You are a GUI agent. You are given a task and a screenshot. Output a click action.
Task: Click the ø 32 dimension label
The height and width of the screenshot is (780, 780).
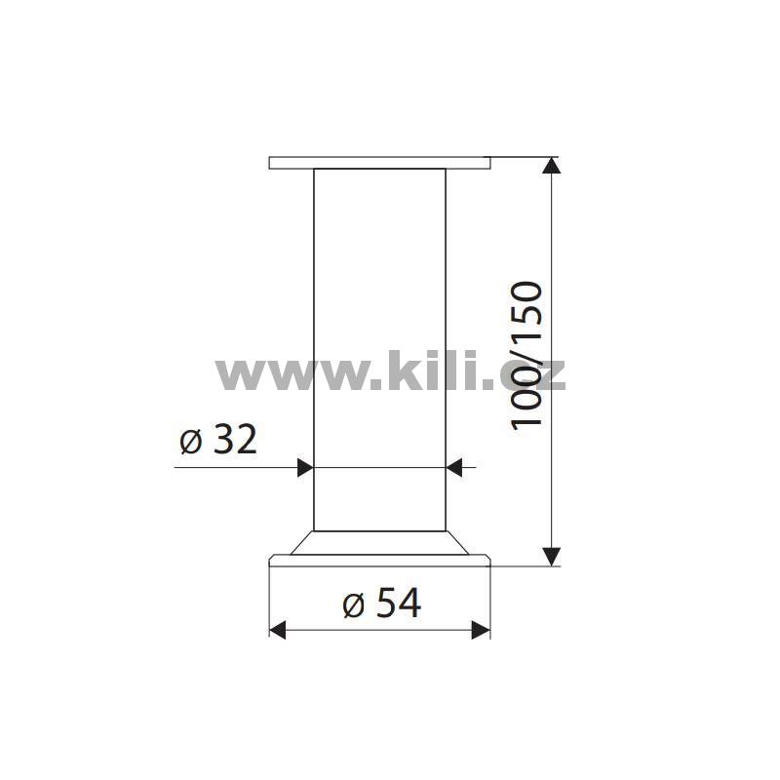coord(218,440)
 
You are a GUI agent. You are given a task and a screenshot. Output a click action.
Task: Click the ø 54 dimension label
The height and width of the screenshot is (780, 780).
coord(382,603)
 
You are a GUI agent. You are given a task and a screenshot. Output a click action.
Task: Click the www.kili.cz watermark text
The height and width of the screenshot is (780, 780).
coord(391,370)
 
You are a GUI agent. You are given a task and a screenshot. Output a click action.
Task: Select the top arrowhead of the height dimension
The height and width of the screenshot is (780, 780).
coord(552,165)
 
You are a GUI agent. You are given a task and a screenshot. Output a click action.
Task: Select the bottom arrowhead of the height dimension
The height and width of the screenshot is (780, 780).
coord(552,557)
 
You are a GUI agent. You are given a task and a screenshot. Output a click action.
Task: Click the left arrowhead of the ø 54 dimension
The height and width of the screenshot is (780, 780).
coord(278,630)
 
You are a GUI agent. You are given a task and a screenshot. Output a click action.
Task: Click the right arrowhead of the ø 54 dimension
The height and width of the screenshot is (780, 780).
coord(481,630)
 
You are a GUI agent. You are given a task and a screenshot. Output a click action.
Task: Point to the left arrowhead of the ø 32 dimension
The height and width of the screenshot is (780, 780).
coord(305,468)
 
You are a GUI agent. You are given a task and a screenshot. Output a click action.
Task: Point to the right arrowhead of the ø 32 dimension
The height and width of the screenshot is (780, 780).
coord(454,468)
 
